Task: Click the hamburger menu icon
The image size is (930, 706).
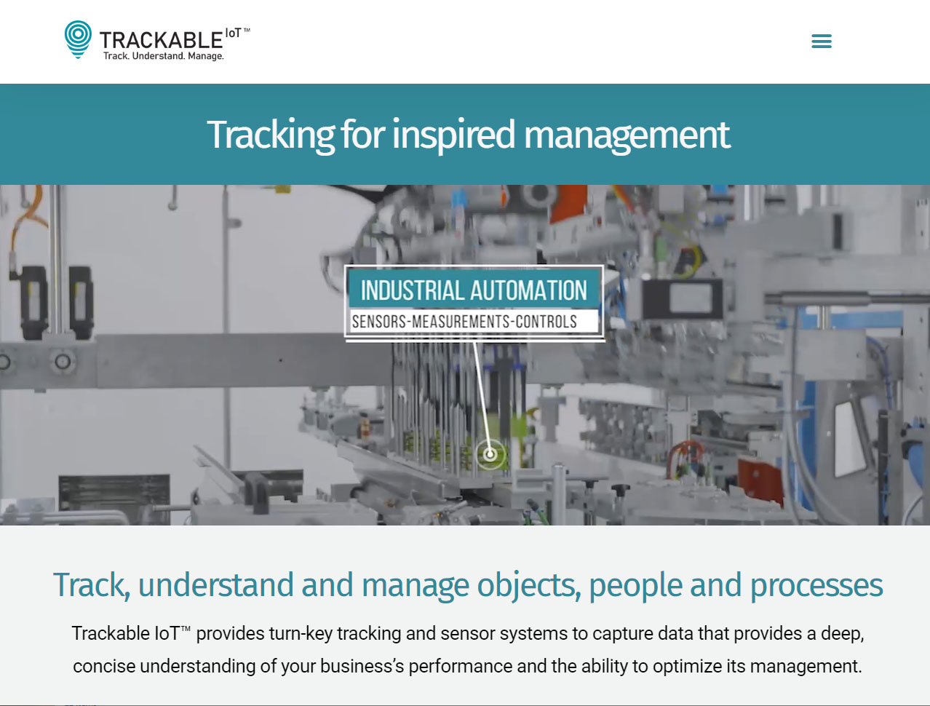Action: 822,41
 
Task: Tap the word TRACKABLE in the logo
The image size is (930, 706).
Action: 161,41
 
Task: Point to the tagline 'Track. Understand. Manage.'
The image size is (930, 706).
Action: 164,56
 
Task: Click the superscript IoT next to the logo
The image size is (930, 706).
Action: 233,33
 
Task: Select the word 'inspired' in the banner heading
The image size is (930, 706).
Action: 453,135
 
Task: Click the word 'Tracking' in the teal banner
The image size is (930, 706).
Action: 271,135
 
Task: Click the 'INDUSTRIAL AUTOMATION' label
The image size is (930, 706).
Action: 474,290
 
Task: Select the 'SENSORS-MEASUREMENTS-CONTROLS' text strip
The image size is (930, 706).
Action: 464,322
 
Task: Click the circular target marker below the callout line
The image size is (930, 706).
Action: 490,455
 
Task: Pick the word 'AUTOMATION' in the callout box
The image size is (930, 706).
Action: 528,290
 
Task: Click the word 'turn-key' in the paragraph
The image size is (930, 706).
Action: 301,634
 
